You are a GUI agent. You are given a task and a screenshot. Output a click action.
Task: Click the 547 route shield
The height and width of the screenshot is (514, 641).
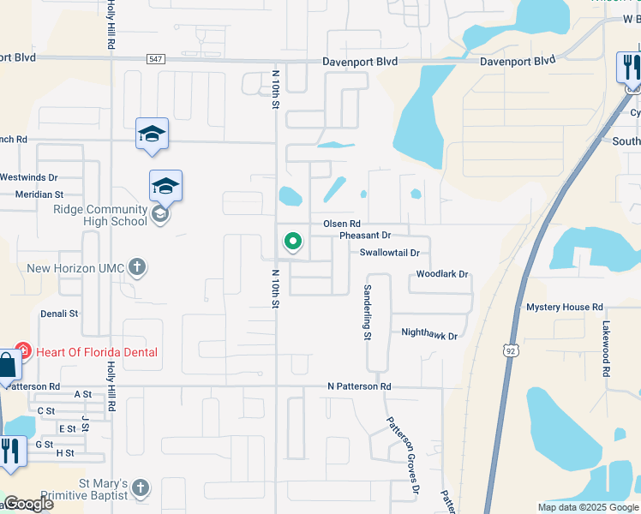click(154, 58)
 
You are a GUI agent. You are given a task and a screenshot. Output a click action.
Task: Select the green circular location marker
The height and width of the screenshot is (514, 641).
click(293, 242)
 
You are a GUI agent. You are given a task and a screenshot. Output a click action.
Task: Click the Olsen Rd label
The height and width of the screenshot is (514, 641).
click(339, 224)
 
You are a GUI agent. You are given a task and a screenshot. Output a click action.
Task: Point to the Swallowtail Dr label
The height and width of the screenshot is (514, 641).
click(389, 253)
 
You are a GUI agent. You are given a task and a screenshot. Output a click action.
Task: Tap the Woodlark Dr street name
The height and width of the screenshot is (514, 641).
click(442, 274)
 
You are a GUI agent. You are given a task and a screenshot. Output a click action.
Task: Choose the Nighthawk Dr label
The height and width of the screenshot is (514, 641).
click(429, 333)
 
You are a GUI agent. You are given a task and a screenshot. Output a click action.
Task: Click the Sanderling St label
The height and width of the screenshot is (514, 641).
click(367, 313)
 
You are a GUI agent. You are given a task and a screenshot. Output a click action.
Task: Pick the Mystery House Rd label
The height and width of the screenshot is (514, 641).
click(565, 307)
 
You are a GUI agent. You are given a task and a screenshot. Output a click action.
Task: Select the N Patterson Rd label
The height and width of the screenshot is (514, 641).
click(359, 387)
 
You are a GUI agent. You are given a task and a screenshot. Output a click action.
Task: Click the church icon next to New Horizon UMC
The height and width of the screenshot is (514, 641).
click(136, 268)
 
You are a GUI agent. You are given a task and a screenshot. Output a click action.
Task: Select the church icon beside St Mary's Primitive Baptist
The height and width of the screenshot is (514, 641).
click(141, 489)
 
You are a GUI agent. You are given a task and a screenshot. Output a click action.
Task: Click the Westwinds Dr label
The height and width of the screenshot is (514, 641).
click(28, 177)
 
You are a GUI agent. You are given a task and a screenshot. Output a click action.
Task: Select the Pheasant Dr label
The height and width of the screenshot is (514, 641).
click(364, 235)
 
